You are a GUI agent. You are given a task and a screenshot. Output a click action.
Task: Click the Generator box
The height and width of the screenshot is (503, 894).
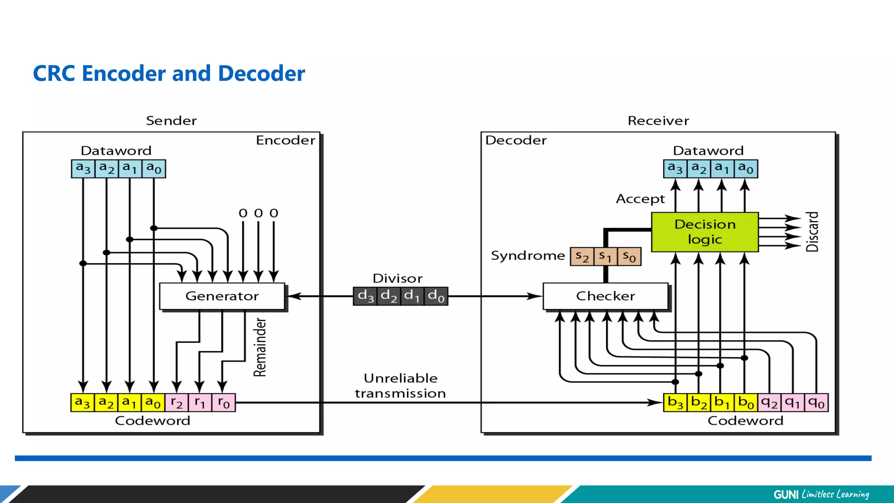(222, 296)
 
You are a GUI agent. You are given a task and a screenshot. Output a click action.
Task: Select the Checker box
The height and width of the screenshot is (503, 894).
(605, 296)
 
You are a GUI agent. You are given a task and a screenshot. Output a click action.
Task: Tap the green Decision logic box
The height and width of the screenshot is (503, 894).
(705, 232)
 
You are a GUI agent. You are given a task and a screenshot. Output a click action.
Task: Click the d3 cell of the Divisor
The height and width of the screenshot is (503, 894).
(365, 296)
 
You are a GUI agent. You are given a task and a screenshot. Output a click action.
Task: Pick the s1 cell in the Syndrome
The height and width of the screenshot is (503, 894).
(605, 256)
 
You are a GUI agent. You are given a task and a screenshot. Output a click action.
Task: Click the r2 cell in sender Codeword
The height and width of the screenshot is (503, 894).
(176, 403)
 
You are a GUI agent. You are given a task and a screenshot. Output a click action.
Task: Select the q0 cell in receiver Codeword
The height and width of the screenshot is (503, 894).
(816, 403)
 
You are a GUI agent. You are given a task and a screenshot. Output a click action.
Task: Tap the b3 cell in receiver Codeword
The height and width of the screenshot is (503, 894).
(675, 403)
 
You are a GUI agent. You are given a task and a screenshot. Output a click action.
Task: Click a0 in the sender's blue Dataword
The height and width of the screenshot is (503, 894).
(154, 169)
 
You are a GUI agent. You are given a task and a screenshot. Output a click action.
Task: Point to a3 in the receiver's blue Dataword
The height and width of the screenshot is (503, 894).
(675, 169)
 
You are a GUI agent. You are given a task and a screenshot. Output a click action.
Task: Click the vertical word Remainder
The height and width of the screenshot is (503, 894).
(260, 348)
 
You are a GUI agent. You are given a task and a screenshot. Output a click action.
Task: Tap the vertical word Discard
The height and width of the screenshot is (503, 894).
(812, 232)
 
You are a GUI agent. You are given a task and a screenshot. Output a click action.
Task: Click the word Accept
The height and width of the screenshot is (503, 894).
(640, 199)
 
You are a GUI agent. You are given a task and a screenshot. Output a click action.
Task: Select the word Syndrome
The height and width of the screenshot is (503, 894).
(528, 256)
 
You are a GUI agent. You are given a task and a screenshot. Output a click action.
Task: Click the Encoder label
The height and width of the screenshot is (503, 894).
(285, 141)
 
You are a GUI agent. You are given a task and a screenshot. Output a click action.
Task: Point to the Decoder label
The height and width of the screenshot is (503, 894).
(516, 141)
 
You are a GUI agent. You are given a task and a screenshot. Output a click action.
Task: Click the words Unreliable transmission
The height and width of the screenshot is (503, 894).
(400, 386)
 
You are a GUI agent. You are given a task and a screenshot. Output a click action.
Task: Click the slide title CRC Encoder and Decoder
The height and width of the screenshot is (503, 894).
(169, 73)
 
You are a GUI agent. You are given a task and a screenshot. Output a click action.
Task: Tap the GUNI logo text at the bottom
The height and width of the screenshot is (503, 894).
(786, 494)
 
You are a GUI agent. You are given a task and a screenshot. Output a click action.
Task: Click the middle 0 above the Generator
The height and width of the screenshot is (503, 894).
(258, 214)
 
